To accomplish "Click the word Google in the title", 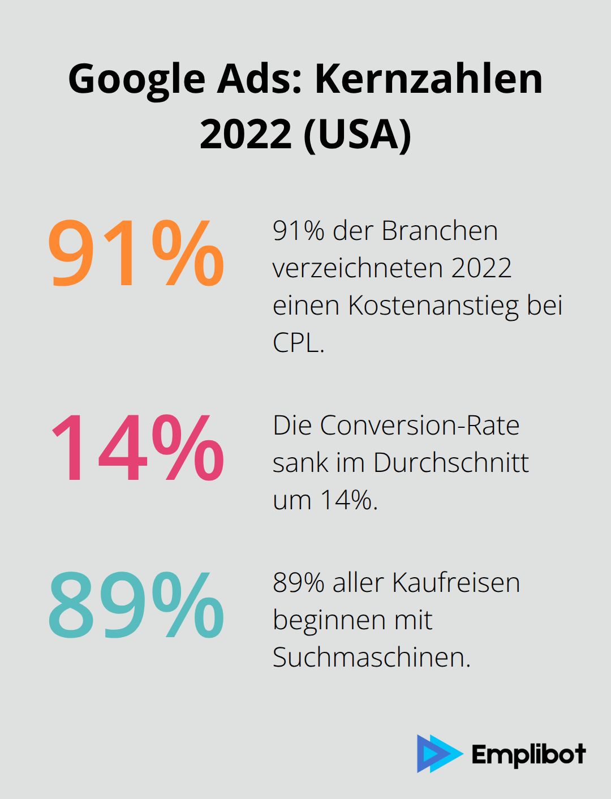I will (136, 79).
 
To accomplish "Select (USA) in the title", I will (358, 134).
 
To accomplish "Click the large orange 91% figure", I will (136, 253).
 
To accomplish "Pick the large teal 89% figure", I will (136, 605).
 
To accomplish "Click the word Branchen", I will (440, 231).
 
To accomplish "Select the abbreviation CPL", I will (298, 342).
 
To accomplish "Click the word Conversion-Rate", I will (419, 426).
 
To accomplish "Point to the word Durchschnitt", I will (451, 463).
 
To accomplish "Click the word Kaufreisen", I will (455, 583).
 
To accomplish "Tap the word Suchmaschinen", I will (371, 658).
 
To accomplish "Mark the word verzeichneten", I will (358, 268).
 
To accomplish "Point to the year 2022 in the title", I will (246, 134).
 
